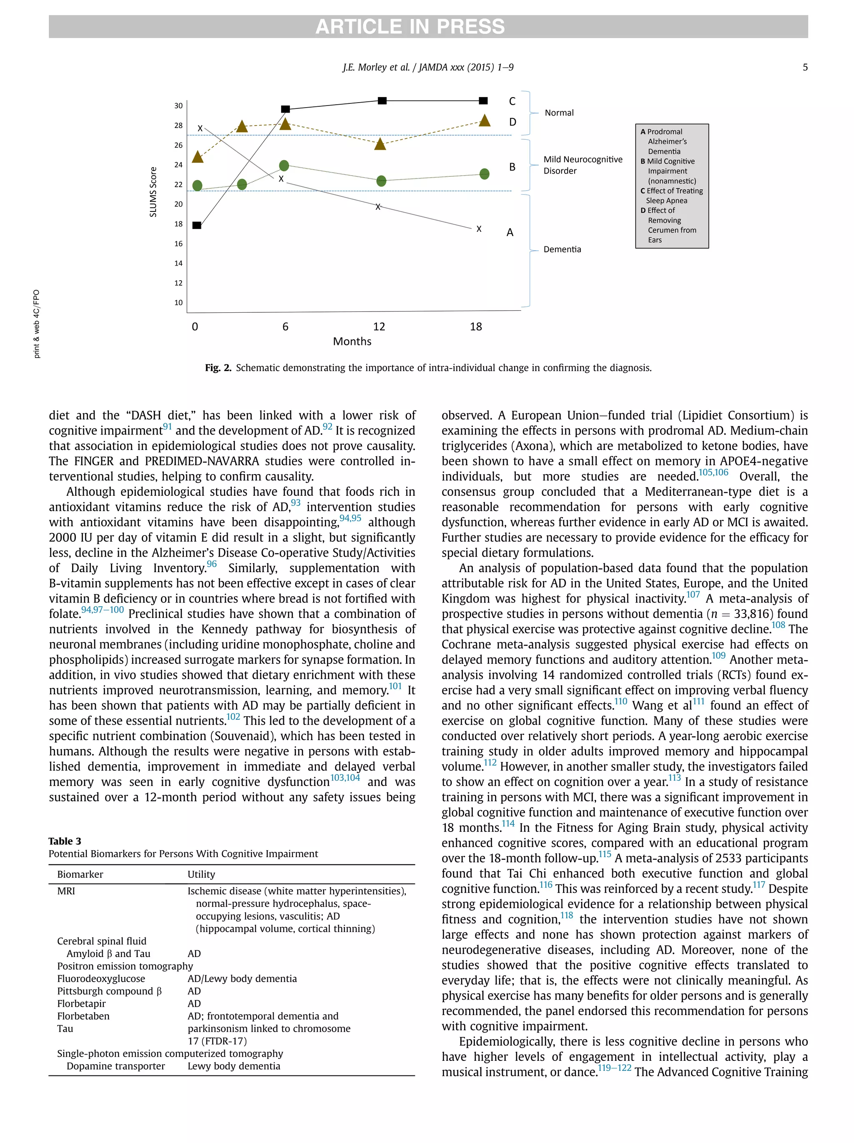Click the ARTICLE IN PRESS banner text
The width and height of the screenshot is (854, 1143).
pyautogui.click(x=409, y=26)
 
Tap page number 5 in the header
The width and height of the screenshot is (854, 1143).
pyautogui.click(x=804, y=67)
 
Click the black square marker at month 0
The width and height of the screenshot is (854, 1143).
pyautogui.click(x=197, y=225)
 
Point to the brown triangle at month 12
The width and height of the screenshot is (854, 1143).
pyautogui.click(x=380, y=144)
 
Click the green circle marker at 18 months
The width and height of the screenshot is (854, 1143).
pyautogui.click(x=484, y=174)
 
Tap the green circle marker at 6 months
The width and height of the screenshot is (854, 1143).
pyautogui.click(x=284, y=166)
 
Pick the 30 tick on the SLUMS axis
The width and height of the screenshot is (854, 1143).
pyautogui.click(x=178, y=106)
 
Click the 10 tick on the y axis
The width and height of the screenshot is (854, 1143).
pyautogui.click(x=178, y=303)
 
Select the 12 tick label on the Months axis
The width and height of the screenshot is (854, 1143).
pyautogui.click(x=379, y=327)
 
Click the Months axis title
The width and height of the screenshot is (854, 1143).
pyautogui.click(x=352, y=342)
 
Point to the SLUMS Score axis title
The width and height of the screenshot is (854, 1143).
pyautogui.click(x=153, y=192)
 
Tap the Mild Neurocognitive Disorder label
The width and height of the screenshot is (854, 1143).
pyautogui.click(x=582, y=165)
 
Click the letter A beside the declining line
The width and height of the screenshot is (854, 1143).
pyautogui.click(x=510, y=233)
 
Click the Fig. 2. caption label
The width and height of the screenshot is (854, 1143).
pyautogui.click(x=218, y=368)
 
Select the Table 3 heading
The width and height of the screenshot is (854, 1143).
pyautogui.click(x=65, y=841)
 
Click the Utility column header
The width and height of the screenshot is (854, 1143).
pyautogui.click(x=201, y=874)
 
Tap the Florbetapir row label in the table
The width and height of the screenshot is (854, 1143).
pyautogui.click(x=81, y=1003)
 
